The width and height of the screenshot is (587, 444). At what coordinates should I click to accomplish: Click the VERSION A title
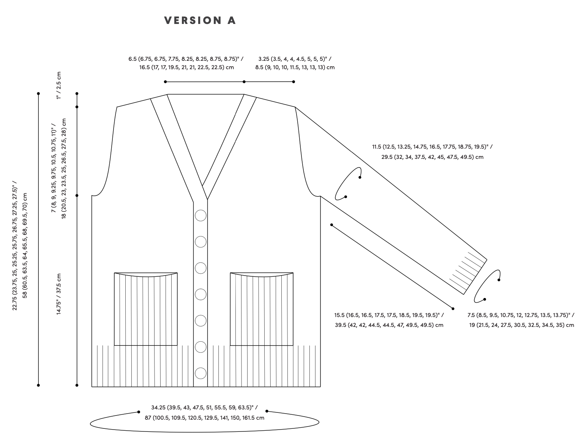[x=200, y=21]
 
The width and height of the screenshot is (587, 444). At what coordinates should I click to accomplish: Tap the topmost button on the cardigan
[x=200, y=216]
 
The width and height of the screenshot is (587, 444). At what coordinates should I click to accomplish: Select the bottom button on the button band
[x=200, y=373]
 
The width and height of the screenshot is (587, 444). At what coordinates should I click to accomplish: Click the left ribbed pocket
[x=146, y=309]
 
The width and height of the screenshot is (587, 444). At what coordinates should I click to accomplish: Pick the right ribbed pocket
[x=262, y=309]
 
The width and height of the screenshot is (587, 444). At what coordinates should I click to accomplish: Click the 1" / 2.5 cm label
[x=58, y=86]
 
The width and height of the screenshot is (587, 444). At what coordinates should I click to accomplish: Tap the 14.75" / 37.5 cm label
[x=59, y=294]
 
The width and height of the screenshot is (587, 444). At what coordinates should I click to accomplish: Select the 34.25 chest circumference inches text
[x=204, y=408]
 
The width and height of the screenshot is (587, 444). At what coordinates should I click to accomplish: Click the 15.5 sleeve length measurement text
[x=389, y=315]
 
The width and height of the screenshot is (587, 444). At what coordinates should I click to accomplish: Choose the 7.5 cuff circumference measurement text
[x=521, y=315]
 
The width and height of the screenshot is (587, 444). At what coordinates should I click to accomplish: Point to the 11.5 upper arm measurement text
[x=432, y=147]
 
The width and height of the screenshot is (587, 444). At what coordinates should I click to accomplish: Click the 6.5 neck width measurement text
[x=186, y=59]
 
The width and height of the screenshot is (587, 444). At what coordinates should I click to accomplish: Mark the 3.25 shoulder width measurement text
[x=295, y=59]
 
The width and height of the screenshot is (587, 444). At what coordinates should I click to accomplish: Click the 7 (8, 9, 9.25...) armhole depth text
[x=54, y=167]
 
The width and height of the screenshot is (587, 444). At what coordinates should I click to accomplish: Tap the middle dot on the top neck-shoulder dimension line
[x=244, y=82]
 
